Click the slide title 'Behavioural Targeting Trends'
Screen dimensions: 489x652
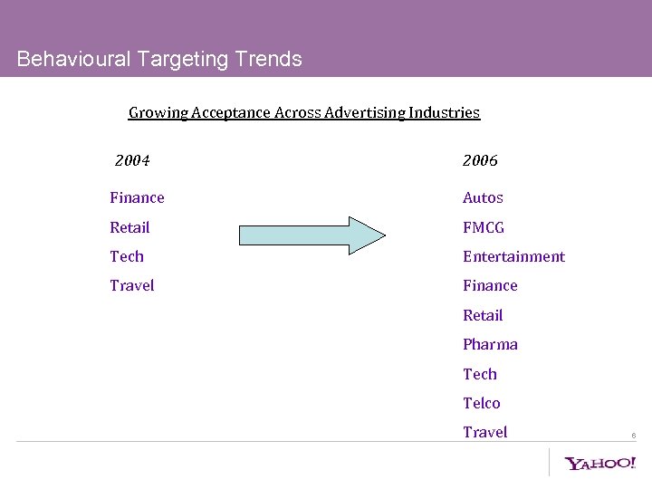coord(159,60)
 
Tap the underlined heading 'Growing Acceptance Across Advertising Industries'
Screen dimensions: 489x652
coord(304,113)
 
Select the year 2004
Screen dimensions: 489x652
coord(132,161)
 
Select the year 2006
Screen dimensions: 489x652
coord(480,161)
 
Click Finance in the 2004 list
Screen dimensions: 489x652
coord(137,197)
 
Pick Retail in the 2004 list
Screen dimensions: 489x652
coord(129,227)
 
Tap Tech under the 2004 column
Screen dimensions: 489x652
coord(127,256)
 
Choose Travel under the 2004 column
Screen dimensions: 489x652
coord(132,285)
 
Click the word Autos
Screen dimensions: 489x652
coord(483,197)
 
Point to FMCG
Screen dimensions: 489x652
coord(484,227)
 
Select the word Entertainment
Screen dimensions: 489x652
coord(513,256)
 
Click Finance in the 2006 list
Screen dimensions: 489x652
coord(490,285)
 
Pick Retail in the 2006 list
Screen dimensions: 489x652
coord(483,315)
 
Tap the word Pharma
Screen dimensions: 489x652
coord(490,344)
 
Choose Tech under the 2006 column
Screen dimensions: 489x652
coord(480,374)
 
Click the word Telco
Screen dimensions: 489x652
coord(481,403)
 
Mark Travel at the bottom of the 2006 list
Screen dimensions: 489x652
coord(484,432)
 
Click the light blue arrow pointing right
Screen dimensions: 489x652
coord(312,234)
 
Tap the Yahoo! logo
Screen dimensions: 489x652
coord(600,463)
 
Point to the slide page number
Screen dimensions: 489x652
coord(633,436)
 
